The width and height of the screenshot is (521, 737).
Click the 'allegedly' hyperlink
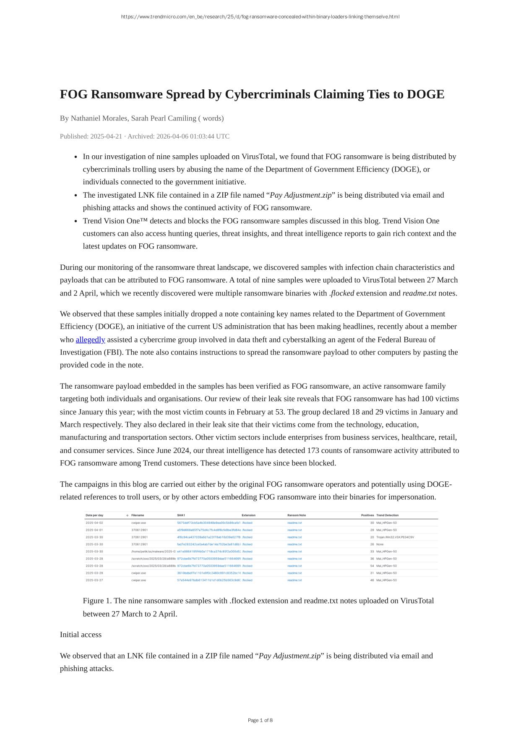[90, 340]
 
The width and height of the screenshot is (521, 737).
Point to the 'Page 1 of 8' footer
[260, 720]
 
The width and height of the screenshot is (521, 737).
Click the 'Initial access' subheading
[81, 635]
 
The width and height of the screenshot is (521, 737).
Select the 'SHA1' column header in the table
[181, 515]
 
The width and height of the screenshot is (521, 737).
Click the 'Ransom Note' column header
[297, 515]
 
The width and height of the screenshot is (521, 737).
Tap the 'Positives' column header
[367, 515]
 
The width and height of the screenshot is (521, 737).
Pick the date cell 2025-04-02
[94, 523]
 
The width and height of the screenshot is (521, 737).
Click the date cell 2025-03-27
[94, 580]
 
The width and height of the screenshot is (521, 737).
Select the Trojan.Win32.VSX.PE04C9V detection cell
[395, 537]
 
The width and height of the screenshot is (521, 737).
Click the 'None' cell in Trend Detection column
[380, 544]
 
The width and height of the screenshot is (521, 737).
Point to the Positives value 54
[372, 566]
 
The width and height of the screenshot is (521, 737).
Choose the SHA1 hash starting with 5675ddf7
[208, 523]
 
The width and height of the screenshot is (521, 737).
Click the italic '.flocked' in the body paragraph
[341, 293]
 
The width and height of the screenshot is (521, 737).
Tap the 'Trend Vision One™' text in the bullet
[115, 221]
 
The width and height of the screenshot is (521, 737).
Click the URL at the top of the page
[260, 17]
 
